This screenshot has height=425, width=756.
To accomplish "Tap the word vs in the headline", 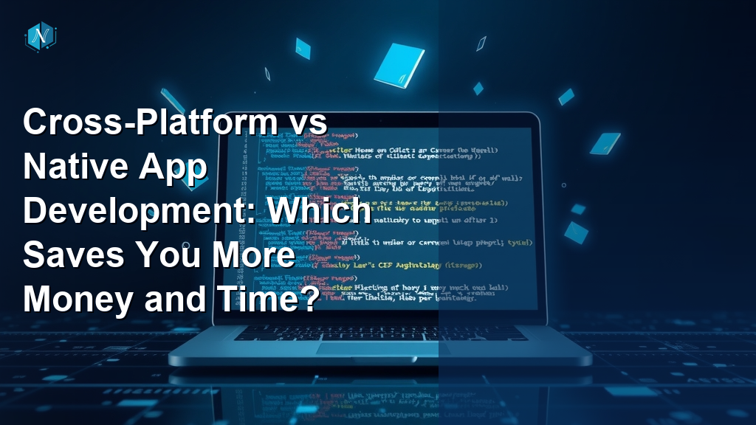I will (304, 122).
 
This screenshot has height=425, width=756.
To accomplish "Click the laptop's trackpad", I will (378, 348).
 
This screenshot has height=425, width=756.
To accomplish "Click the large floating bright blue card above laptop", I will (399, 63).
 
